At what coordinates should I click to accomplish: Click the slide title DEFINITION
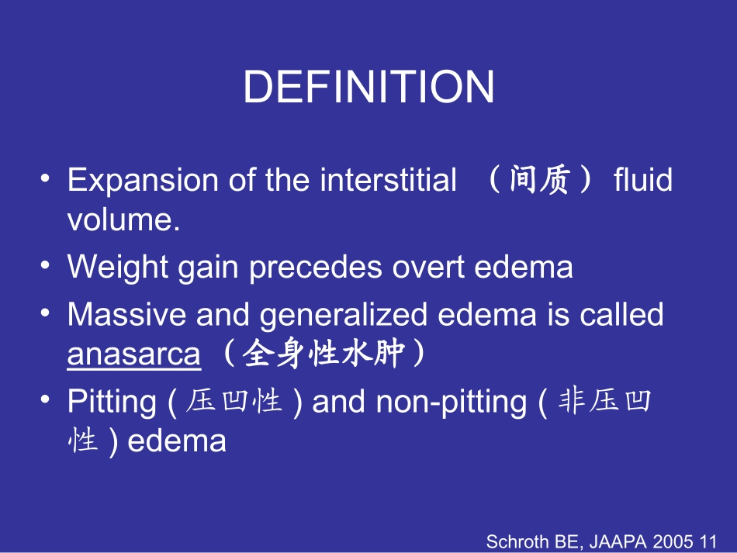pyautogui.click(x=368, y=87)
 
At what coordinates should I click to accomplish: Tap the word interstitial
pyautogui.click(x=388, y=181)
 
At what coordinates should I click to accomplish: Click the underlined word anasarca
pyautogui.click(x=133, y=354)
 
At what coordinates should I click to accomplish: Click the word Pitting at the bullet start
pyautogui.click(x=112, y=402)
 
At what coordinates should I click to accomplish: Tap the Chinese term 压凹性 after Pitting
pyautogui.click(x=234, y=402)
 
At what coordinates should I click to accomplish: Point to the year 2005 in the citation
pyautogui.click(x=676, y=541)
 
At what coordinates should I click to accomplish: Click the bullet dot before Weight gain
pyautogui.click(x=46, y=265)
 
